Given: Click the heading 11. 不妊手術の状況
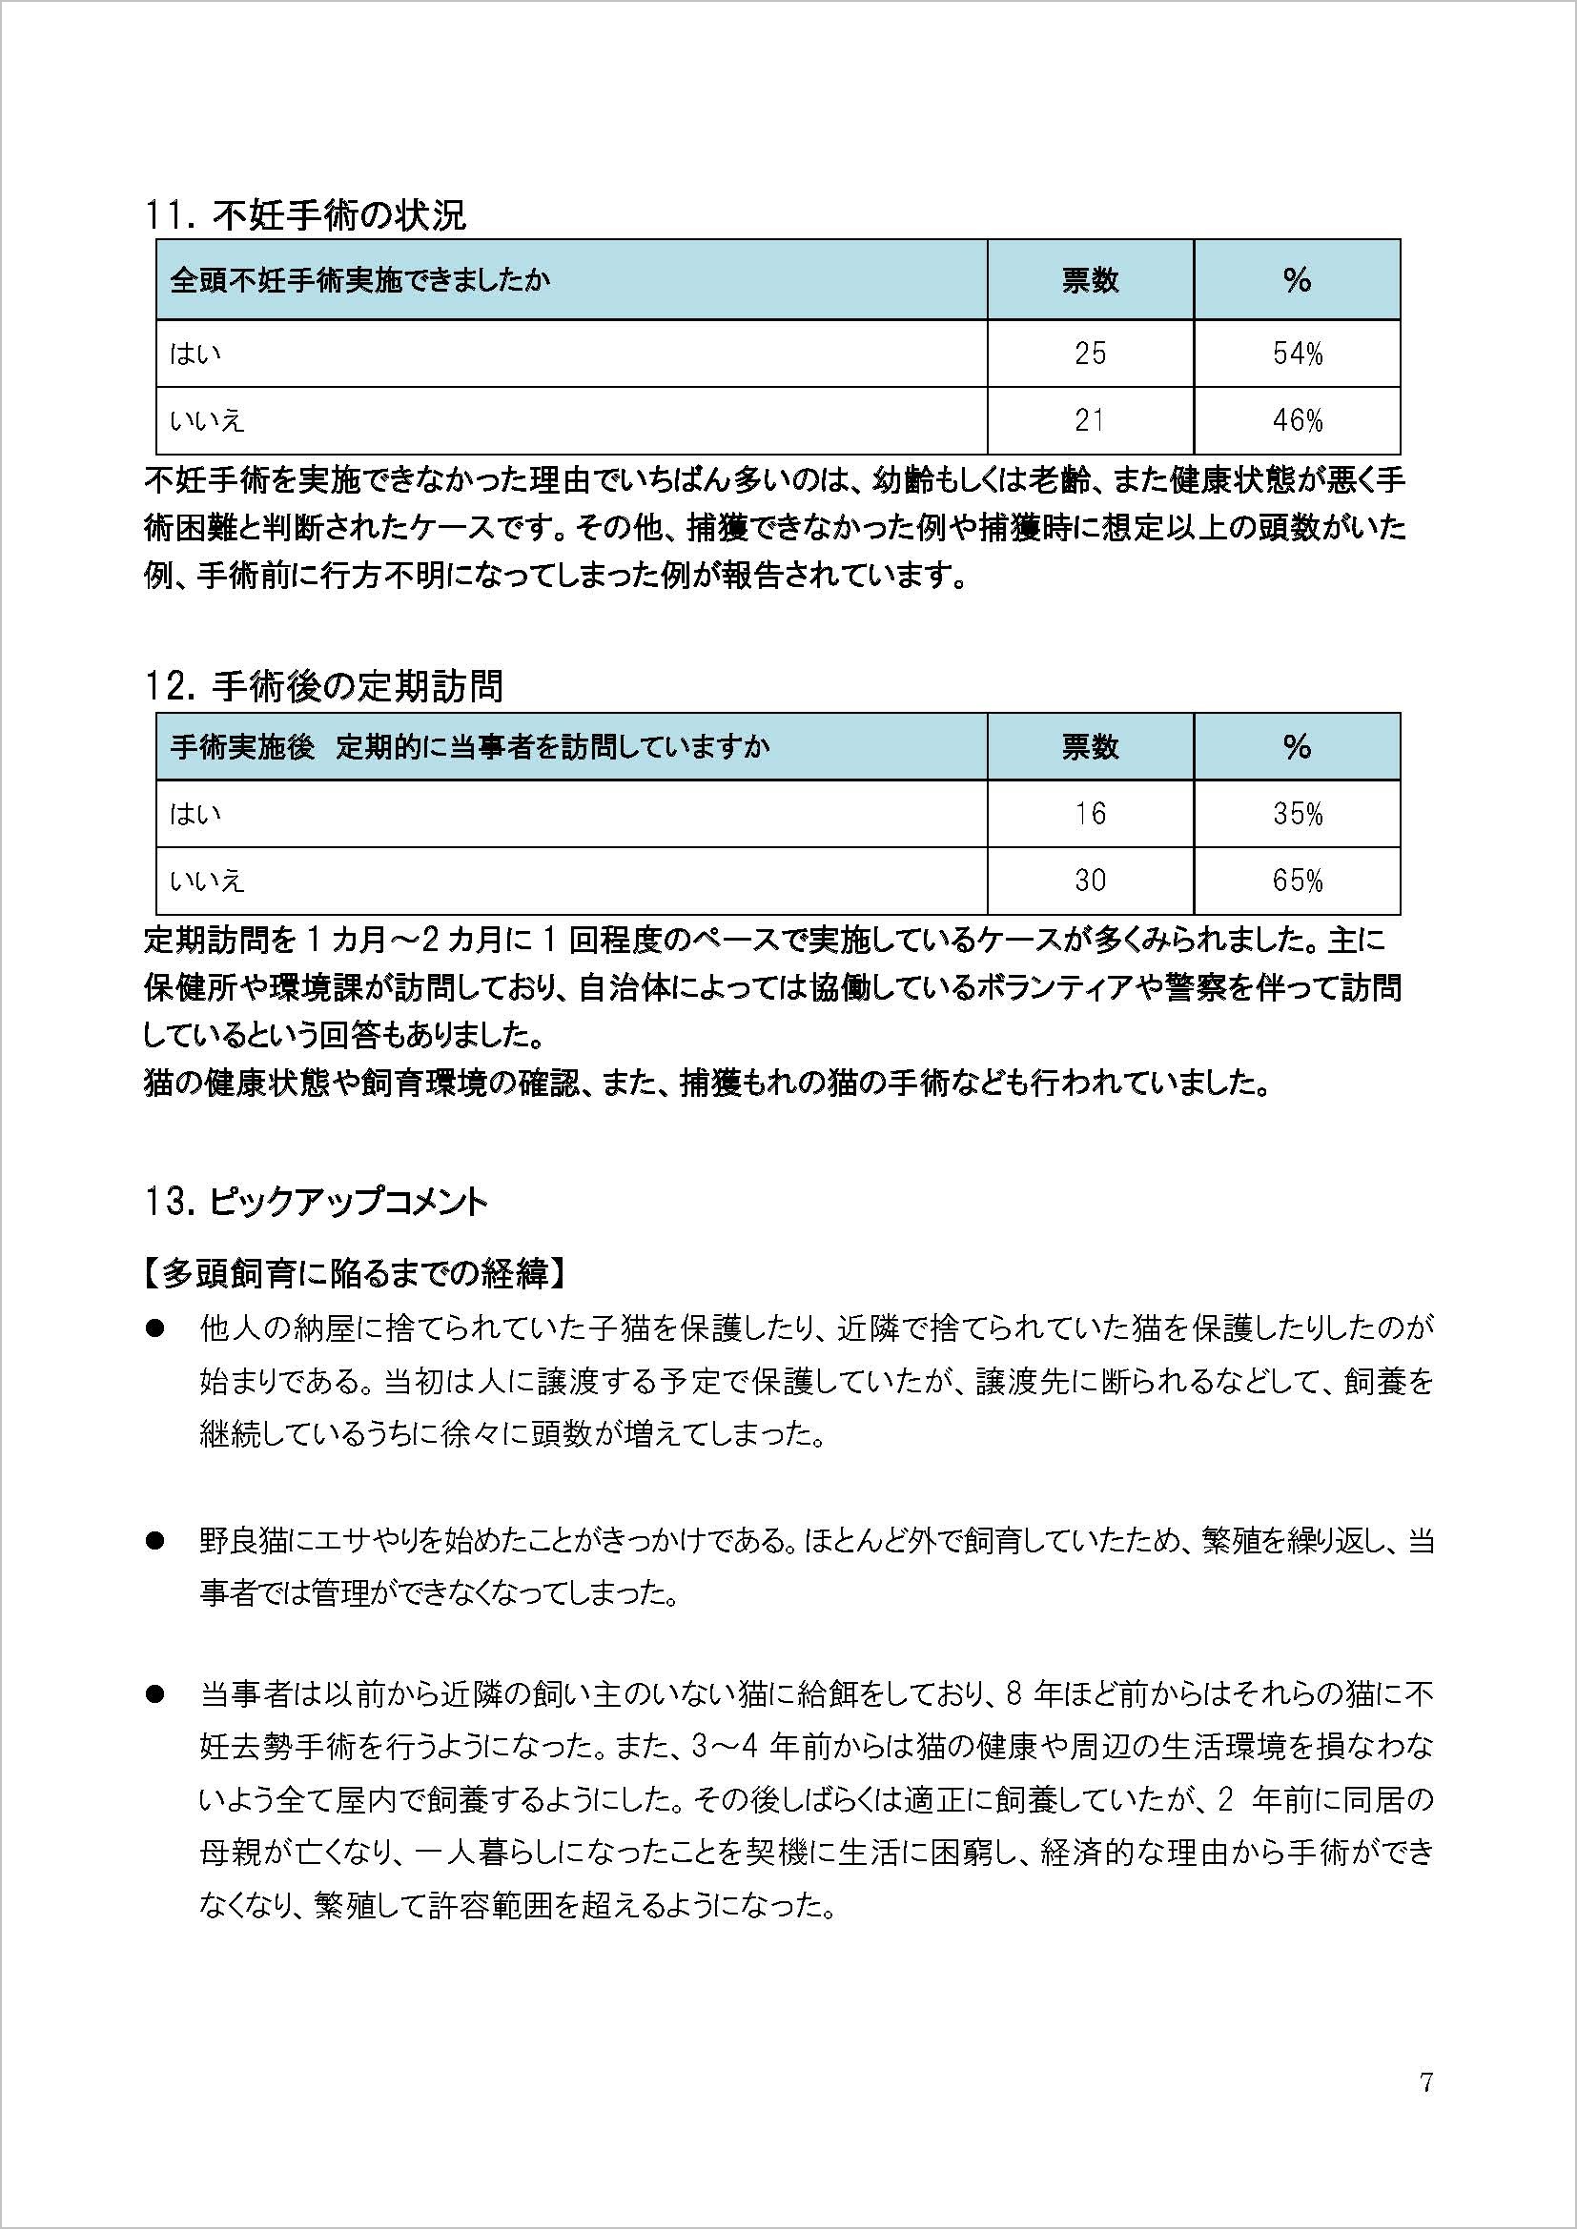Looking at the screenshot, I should tap(305, 215).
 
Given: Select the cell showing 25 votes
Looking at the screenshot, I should tap(1090, 354).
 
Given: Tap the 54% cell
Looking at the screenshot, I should tap(1298, 354).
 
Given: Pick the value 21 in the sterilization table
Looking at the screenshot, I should tap(1090, 420).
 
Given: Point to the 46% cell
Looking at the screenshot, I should tap(1298, 420).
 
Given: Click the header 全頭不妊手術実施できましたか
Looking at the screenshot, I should tap(360, 280).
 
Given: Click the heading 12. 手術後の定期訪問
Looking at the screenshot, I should tap(323, 686).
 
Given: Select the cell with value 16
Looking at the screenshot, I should tap(1090, 814).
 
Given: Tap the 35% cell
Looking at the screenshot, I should tap(1298, 814).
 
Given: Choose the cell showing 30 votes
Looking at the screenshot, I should tap(1090, 881).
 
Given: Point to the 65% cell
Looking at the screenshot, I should tap(1298, 881).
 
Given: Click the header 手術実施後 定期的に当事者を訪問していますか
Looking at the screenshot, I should tap(470, 746).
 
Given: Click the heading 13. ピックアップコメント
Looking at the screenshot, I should tap(316, 1203).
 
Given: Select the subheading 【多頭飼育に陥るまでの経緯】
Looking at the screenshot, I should tap(356, 1274).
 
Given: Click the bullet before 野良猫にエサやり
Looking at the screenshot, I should tap(154, 1541).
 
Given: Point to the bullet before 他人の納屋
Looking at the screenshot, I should tap(154, 1328).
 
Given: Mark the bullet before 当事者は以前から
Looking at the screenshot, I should tap(154, 1695).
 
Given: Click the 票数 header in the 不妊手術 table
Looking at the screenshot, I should tap(1090, 280).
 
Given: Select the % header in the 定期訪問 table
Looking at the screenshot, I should tap(1298, 746).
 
